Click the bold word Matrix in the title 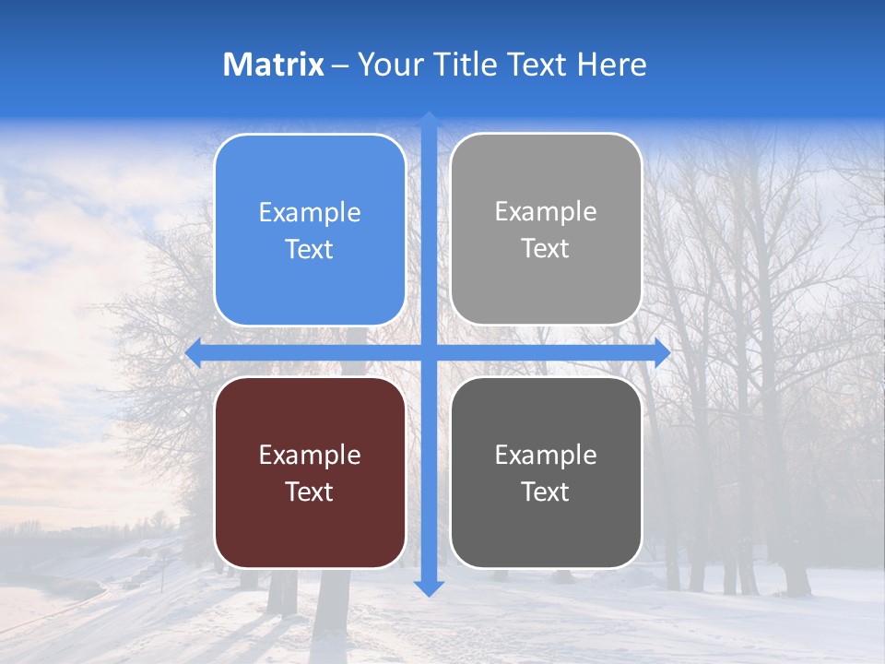[x=274, y=65]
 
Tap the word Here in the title [x=611, y=65]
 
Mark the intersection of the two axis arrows [x=429, y=352]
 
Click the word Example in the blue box [x=310, y=213]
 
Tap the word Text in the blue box [x=310, y=249]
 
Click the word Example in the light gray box [x=546, y=212]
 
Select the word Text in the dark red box [x=310, y=492]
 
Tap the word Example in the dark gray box [x=546, y=455]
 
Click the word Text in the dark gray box [x=546, y=492]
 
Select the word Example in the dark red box [x=310, y=455]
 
